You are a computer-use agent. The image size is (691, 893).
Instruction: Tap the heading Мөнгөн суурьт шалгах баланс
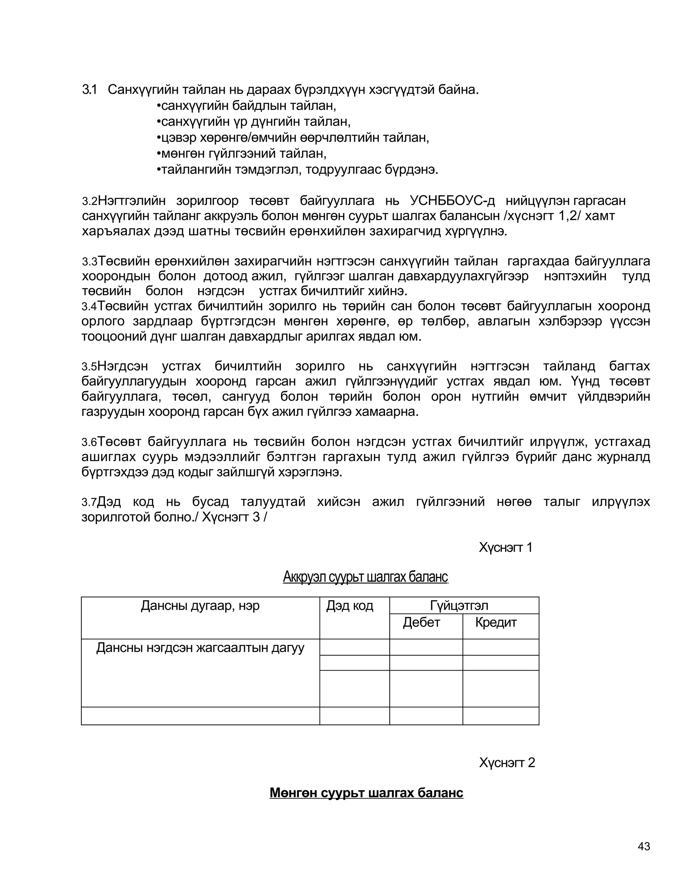366,793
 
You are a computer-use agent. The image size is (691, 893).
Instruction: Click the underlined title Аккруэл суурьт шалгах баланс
365,577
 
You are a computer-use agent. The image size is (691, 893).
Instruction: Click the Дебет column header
421,622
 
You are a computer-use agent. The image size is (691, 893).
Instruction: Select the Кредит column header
496,622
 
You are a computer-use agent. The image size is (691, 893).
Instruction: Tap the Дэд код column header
350,606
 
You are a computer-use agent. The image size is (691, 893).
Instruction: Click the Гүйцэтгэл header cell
459,606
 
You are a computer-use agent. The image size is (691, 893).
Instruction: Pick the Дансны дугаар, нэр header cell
200,606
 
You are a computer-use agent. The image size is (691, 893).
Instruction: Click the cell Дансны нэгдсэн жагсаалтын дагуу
200,648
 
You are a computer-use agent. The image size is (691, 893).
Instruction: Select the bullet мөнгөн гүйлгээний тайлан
242,154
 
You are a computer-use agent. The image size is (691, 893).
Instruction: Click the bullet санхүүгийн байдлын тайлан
246,106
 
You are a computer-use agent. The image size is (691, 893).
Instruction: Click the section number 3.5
89,367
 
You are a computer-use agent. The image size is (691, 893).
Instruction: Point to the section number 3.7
89,502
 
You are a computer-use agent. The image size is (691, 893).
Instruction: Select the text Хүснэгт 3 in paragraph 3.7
231,517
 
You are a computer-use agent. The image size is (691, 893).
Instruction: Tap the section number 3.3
89,262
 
